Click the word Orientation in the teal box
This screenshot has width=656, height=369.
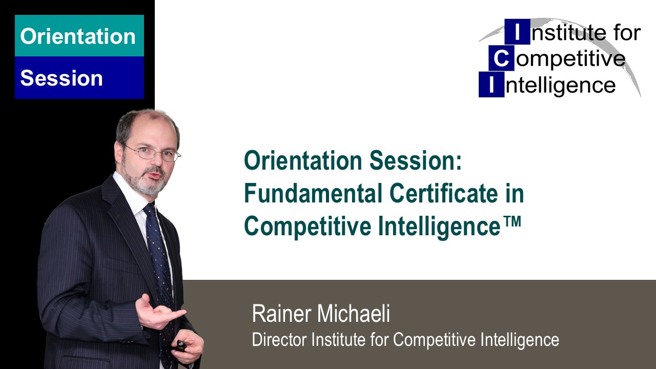(78, 36)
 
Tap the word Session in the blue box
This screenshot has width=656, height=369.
(61, 78)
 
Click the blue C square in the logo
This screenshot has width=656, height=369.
(501, 59)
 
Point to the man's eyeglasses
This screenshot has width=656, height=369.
(154, 153)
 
